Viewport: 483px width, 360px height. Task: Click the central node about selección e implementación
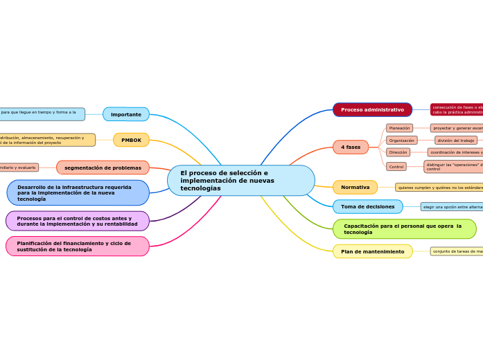pos(240,181)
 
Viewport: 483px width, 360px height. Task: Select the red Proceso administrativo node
pos(372,110)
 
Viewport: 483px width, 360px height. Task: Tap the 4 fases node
pos(351,147)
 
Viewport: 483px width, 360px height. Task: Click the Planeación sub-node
pos(399,128)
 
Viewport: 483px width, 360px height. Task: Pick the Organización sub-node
pos(402,141)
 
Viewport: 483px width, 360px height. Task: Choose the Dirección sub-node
pos(398,152)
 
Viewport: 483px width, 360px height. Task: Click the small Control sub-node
pos(396,167)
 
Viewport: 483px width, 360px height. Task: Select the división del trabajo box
pos(456,141)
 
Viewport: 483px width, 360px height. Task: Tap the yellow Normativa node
pos(355,188)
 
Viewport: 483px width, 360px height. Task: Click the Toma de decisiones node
pos(367,207)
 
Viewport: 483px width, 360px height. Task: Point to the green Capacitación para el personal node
pos(404,229)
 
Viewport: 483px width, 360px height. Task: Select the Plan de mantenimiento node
pos(372,252)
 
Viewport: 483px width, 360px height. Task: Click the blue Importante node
pos(126,114)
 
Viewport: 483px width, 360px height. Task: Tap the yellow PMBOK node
pos(131,141)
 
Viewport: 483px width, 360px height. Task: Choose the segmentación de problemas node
pos(103,168)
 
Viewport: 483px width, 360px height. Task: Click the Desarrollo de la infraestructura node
pos(78,193)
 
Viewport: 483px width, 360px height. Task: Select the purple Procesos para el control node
pos(78,222)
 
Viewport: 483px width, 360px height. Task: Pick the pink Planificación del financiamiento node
pos(78,246)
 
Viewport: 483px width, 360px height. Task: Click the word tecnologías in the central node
pos(200,189)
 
